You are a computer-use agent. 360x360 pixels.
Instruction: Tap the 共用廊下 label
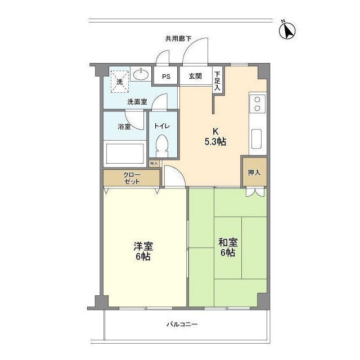point(178,39)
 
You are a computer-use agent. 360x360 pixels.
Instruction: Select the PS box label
point(166,76)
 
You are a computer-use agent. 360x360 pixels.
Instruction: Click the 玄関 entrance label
point(195,76)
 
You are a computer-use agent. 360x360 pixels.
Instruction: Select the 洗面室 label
point(137,102)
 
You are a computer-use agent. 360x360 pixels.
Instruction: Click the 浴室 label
point(124,127)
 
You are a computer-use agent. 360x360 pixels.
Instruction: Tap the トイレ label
point(163,127)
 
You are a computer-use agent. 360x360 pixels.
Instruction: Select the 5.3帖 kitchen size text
point(214,142)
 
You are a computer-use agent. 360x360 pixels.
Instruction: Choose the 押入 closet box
point(254,172)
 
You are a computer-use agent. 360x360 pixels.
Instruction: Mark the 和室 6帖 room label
point(228,247)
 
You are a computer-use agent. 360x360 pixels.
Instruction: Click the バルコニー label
point(181,325)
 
